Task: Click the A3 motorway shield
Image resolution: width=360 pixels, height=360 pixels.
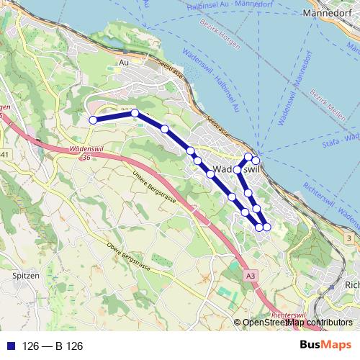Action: tap(249, 275)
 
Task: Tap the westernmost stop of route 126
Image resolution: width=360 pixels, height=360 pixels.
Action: tap(93, 120)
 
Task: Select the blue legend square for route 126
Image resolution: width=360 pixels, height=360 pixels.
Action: tap(9, 346)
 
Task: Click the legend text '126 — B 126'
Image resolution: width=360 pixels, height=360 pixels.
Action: tap(53, 346)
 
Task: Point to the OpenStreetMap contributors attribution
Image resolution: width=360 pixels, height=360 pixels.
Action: tap(297, 323)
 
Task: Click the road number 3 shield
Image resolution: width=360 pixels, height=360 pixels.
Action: tap(348, 238)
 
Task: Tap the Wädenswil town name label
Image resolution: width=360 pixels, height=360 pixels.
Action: tap(238, 169)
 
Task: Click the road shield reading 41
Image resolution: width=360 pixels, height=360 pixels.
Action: tap(5, 155)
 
